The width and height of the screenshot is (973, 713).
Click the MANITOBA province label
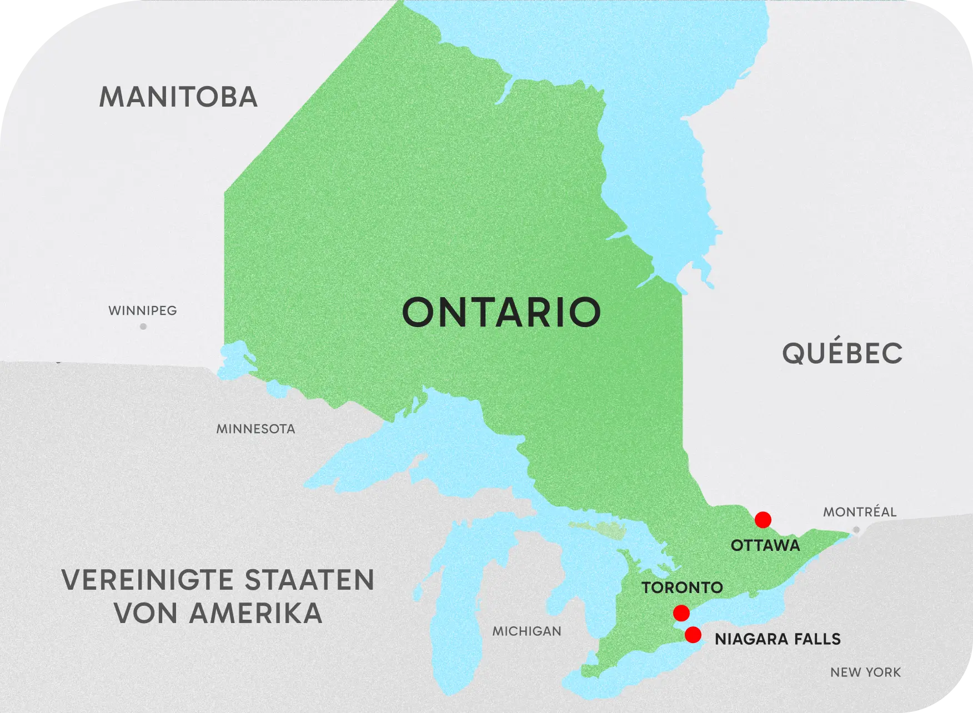[x=178, y=97]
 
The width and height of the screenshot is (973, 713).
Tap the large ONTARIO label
[x=501, y=312]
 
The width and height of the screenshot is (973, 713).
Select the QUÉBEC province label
[x=842, y=353]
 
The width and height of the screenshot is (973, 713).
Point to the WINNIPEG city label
[x=143, y=310]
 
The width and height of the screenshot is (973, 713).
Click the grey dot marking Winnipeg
[x=143, y=327]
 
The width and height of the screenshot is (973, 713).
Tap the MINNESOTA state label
[x=255, y=429]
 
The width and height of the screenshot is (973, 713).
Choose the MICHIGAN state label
[x=526, y=631]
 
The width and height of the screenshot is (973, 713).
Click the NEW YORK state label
[x=865, y=672]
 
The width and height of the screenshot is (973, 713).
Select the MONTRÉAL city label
[x=859, y=512]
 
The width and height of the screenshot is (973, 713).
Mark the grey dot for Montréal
[x=856, y=530]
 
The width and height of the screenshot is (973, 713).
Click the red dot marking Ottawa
[x=763, y=520]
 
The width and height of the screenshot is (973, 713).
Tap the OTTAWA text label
[x=765, y=545]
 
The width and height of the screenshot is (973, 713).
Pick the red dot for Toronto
[x=681, y=613]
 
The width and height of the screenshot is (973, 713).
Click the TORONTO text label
[x=682, y=588]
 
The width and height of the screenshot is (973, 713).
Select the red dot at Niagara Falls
[x=693, y=635]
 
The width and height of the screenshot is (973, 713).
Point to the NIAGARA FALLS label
[x=778, y=639]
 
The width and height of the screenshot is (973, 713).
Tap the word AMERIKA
[x=255, y=613]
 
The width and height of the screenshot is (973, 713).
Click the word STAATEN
[x=309, y=580]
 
